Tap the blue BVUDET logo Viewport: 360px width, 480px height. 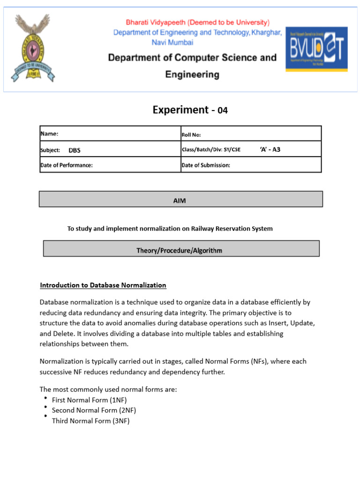(317, 49)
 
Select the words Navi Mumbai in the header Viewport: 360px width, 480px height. (172, 42)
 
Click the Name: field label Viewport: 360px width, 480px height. (49, 134)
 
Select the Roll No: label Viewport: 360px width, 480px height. (191, 135)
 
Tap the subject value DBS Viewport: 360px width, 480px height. (75, 150)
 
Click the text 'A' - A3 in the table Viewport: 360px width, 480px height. (270, 150)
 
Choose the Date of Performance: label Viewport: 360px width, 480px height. (67, 165)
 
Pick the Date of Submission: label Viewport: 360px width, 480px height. (206, 165)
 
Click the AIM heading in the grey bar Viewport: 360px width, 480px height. (180, 201)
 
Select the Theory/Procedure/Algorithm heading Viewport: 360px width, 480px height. (180, 250)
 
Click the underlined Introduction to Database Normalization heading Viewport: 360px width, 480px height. (103, 285)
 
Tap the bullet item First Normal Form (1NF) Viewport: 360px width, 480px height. (89, 400)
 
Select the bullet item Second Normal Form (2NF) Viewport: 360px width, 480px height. (94, 410)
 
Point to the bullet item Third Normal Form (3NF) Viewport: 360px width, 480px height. (90, 421)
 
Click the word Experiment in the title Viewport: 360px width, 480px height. (180, 110)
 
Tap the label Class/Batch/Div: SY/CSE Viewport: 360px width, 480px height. (211, 150)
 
